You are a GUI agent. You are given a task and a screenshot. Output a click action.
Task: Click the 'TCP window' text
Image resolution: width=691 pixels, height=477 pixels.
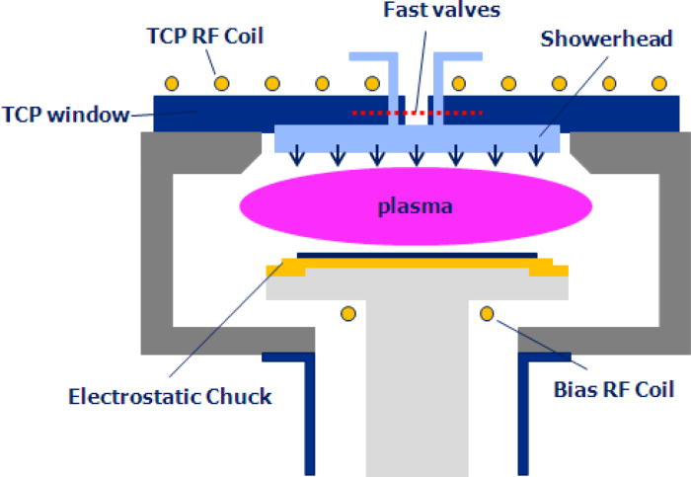tap(63, 116)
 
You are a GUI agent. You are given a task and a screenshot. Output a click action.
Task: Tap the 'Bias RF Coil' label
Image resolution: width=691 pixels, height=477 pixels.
tap(613, 389)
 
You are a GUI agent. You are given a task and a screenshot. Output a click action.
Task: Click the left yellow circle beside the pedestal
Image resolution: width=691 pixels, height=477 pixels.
tap(347, 314)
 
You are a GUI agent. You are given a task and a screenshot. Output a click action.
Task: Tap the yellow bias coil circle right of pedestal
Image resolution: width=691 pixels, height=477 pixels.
tap(486, 314)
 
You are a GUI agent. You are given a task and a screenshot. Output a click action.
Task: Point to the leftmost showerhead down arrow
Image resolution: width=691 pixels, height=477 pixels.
tap(297, 153)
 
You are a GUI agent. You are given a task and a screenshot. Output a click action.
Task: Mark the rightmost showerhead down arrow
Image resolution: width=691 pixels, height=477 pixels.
tap(535, 153)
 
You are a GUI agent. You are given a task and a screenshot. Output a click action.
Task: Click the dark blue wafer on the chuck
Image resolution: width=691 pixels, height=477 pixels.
tap(416, 256)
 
